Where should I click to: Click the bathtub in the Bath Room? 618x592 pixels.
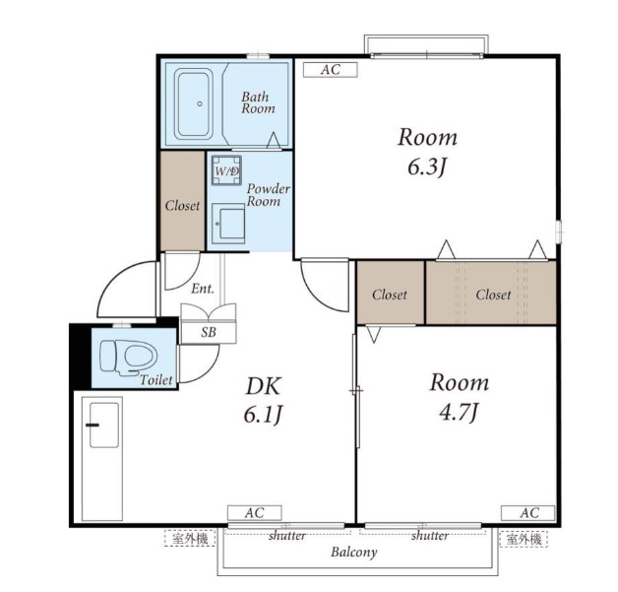click(x=194, y=103)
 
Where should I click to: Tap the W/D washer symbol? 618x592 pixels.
click(x=226, y=170)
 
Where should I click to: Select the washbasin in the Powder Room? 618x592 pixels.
click(x=228, y=224)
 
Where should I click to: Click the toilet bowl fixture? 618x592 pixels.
click(x=129, y=357)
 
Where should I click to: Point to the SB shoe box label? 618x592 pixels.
click(x=209, y=333)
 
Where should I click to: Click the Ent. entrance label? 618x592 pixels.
click(x=203, y=289)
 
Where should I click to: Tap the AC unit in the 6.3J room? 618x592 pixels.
click(x=331, y=70)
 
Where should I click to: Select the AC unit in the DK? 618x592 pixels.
click(x=254, y=513)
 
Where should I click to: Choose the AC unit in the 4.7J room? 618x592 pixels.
click(x=528, y=513)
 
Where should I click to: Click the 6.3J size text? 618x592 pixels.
click(x=428, y=167)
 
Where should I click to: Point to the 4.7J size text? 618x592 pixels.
click(x=460, y=413)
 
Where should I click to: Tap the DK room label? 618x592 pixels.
click(x=264, y=386)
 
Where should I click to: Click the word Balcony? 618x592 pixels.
click(x=354, y=553)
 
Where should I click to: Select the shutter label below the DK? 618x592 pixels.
click(x=287, y=536)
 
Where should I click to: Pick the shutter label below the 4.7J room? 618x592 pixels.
click(x=430, y=536)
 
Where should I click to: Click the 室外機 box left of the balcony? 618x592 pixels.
click(x=190, y=539)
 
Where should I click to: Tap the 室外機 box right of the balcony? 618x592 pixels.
click(x=524, y=539)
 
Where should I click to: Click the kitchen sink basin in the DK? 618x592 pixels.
click(x=104, y=426)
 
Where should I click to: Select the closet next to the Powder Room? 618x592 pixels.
click(x=182, y=201)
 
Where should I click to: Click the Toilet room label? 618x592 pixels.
click(x=156, y=380)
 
